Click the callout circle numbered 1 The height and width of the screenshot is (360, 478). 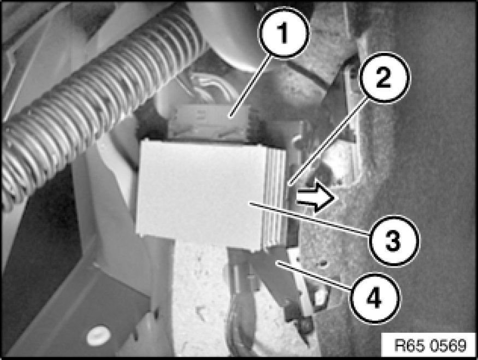tap(284, 33)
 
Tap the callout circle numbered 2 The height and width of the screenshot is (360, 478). tap(385, 78)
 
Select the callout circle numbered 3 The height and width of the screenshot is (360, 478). tap(393, 241)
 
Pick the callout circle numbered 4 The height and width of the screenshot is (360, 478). tap(375, 298)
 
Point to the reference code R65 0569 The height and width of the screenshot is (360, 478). tap(430, 345)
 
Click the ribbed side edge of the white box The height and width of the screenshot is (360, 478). tap(274, 198)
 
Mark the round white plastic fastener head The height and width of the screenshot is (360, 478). tap(98, 336)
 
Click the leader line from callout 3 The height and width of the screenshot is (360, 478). tap(309, 218)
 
